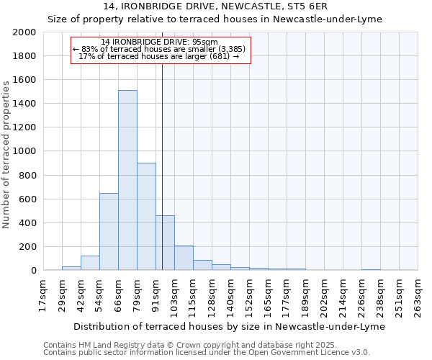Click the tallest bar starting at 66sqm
(127, 180)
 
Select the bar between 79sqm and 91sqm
(146, 216)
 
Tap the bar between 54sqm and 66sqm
(109, 231)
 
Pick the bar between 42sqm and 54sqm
(90, 263)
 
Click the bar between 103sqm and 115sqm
(184, 258)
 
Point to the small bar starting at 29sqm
(71, 268)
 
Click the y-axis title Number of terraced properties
(6, 154)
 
